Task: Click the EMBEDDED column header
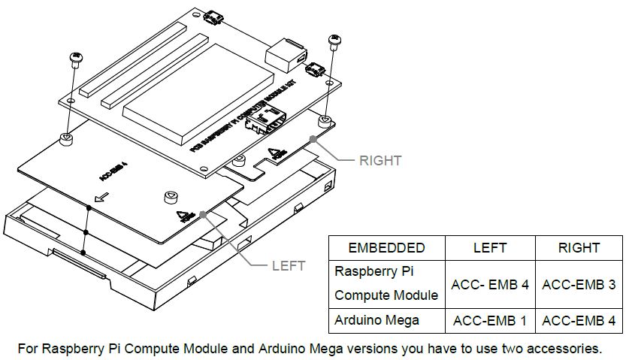tap(386, 247)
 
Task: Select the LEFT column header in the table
tap(489, 247)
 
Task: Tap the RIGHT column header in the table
tap(579, 247)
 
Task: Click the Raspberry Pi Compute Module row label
tap(386, 283)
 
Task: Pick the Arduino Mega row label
tap(377, 320)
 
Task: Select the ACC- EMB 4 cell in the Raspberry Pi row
tap(489, 285)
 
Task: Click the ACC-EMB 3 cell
tap(579, 285)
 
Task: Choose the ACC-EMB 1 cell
tap(489, 321)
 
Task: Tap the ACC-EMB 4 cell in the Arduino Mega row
tap(579, 321)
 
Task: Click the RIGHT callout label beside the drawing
tap(380, 160)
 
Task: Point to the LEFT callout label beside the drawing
tap(289, 265)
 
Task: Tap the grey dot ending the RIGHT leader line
tap(313, 138)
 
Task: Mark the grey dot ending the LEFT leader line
tap(204, 213)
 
